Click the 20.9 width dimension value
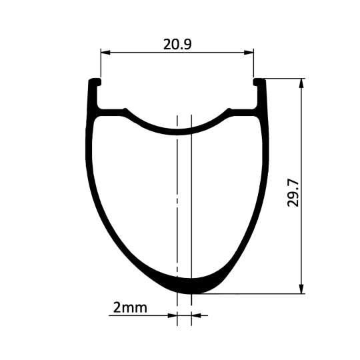pyautogui.click(x=177, y=45)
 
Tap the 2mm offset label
pyautogui.click(x=130, y=308)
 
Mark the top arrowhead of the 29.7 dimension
pyautogui.click(x=302, y=82)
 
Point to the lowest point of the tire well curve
pyautogui.click(x=178, y=131)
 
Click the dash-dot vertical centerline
pyautogui.click(x=177, y=200)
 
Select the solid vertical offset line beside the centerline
pyautogui.click(x=191, y=200)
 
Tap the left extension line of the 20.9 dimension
pyautogui.click(x=101, y=67)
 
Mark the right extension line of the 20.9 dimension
pyautogui.click(x=253, y=67)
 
